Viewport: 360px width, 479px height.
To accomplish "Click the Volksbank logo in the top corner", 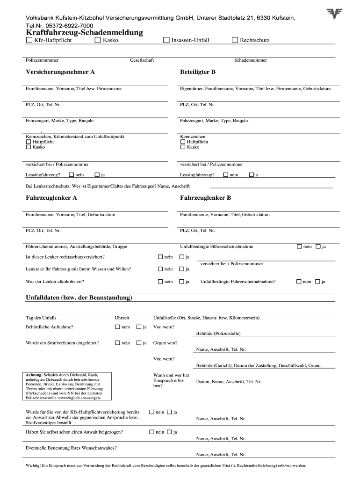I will point(335,14).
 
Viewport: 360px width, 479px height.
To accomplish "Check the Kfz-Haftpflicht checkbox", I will point(29,40).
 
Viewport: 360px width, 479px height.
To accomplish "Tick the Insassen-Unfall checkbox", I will point(166,40).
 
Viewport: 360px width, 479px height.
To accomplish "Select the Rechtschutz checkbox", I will point(235,40).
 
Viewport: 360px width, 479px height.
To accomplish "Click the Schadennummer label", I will point(251,60).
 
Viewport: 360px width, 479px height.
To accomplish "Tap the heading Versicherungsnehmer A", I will point(60,72).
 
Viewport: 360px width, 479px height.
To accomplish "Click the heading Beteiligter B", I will point(198,72).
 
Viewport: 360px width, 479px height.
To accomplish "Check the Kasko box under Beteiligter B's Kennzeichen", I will point(183,147).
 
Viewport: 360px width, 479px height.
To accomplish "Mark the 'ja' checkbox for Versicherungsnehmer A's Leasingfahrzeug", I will point(97,175).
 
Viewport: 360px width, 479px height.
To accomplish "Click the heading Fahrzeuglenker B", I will point(205,198).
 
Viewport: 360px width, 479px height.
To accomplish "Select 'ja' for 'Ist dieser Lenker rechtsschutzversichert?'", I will point(182,257).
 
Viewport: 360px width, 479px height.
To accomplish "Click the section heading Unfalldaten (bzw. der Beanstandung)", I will point(79,298).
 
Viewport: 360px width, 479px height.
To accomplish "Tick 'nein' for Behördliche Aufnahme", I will point(117,327).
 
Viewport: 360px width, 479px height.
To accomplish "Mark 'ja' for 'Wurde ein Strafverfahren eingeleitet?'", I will point(139,343).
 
